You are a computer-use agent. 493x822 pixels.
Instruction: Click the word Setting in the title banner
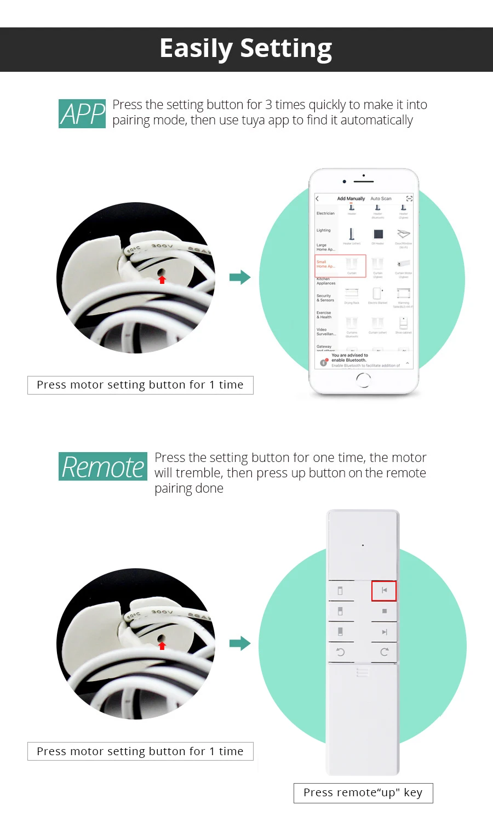pyautogui.click(x=286, y=49)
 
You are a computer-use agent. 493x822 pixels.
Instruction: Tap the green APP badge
pyautogui.click(x=82, y=114)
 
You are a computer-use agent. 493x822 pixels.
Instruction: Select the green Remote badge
pyautogui.click(x=103, y=467)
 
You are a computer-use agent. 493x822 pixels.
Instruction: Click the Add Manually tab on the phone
pyautogui.click(x=351, y=198)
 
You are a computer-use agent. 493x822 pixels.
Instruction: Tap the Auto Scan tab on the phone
pyautogui.click(x=381, y=198)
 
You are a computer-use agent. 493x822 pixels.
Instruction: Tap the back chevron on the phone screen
pyautogui.click(x=317, y=198)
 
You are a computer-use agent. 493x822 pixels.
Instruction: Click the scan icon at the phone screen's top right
pyautogui.click(x=409, y=198)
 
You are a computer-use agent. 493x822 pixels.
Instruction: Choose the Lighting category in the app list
pyautogui.click(x=323, y=230)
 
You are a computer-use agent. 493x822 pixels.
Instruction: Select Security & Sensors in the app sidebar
pyautogui.click(x=325, y=298)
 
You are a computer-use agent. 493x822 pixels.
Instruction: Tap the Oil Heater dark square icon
pyautogui.click(x=378, y=234)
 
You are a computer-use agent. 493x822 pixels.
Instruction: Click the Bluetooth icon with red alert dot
pyautogui.click(x=324, y=362)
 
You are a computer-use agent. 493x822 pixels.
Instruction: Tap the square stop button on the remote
pyautogui.click(x=384, y=611)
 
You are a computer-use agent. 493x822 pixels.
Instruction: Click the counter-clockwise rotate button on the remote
pyautogui.click(x=340, y=652)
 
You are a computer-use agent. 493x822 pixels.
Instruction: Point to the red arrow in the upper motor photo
pyautogui.click(x=162, y=280)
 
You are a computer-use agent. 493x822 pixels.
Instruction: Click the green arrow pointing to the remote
pyautogui.click(x=239, y=643)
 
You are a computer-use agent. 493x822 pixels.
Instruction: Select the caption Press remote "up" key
pyautogui.click(x=363, y=793)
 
